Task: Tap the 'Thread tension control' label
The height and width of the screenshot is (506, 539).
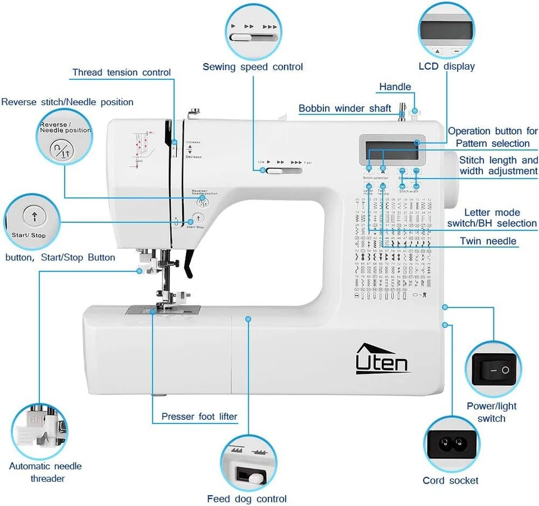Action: click(121, 73)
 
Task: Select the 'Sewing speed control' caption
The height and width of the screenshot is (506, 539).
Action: click(253, 67)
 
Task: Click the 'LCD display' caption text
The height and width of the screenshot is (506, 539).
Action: click(447, 66)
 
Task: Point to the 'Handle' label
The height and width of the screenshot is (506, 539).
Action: click(395, 87)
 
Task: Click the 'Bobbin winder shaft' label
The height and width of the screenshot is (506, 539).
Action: click(345, 109)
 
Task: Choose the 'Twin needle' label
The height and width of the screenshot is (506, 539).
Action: click(488, 241)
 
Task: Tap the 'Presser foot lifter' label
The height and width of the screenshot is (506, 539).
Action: click(199, 417)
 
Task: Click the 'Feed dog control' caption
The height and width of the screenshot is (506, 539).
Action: click(247, 499)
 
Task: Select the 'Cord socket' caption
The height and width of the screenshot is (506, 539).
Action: click(451, 480)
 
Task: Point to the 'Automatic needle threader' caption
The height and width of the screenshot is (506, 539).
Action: click(45, 472)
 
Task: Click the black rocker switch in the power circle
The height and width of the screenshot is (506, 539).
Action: click(498, 369)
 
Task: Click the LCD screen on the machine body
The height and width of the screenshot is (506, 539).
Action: click(392, 147)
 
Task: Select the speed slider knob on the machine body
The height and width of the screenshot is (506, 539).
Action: click(275, 171)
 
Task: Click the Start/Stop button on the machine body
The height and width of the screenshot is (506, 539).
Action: click(198, 219)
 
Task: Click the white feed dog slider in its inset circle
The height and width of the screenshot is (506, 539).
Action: click(255, 477)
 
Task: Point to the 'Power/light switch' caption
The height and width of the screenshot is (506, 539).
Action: click(492, 412)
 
